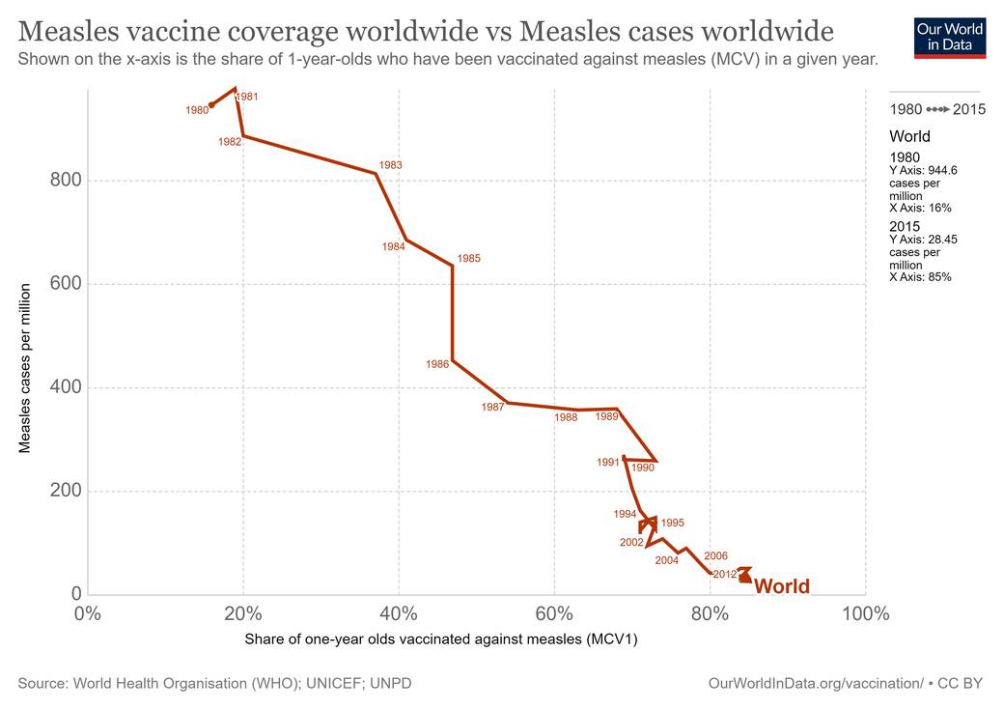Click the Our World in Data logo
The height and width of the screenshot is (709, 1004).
[949, 36]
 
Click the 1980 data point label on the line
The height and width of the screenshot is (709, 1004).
[197, 110]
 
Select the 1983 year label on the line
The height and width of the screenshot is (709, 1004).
[391, 165]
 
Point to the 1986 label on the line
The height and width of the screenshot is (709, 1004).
[437, 364]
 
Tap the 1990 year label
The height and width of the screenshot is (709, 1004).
[643, 468]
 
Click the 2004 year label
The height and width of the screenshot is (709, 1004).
[666, 560]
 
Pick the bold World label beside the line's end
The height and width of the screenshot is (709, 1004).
[781, 586]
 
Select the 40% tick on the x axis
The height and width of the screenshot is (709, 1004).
[399, 613]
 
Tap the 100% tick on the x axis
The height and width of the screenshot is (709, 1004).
[865, 613]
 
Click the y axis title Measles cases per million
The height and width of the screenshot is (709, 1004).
[26, 367]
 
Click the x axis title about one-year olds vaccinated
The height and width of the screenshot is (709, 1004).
[441, 639]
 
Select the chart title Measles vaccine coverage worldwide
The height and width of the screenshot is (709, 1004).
[425, 31]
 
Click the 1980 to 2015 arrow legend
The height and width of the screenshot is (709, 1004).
[937, 109]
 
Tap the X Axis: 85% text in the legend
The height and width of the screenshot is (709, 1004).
[920, 277]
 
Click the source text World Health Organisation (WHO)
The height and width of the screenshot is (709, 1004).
[214, 683]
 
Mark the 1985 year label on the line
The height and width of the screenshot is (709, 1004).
[469, 259]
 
